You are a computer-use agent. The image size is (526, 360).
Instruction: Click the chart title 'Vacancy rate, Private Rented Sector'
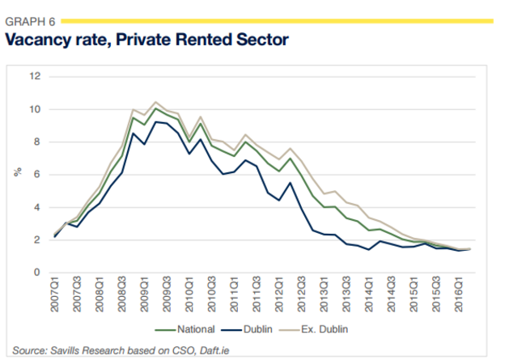pyautogui.click(x=146, y=40)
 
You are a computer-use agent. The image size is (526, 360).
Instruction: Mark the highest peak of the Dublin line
pyautogui.click(x=156, y=121)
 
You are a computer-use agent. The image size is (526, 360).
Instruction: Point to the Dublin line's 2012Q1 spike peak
pyautogui.click(x=291, y=182)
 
